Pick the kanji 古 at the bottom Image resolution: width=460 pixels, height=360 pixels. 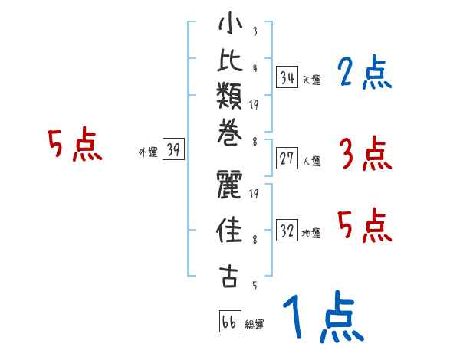click(229, 277)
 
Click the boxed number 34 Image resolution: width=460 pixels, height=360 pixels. click(287, 78)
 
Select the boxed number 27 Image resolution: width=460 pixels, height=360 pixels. click(287, 159)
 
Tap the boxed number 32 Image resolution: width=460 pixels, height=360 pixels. click(287, 230)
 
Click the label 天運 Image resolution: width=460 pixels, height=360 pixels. click(311, 80)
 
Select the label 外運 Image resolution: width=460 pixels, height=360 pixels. click(147, 152)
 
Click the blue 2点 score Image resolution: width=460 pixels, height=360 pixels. click(363, 74)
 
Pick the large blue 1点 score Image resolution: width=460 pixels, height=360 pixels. click(320, 318)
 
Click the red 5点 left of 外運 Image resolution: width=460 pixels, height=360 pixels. click(74, 145)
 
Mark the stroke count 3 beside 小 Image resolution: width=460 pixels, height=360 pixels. click(254, 32)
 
